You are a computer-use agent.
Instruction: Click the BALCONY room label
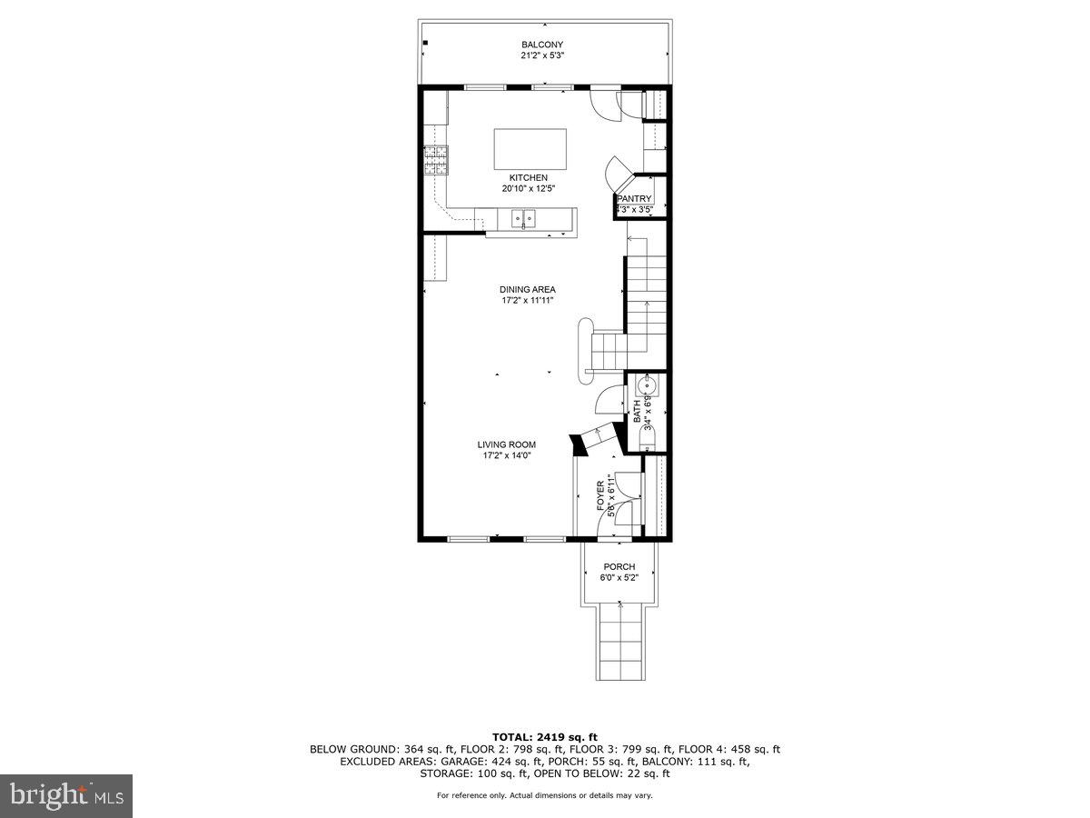click(542, 45)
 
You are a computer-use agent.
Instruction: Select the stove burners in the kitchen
click(435, 160)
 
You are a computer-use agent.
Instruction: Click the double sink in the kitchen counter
click(523, 218)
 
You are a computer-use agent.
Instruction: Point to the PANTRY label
click(635, 199)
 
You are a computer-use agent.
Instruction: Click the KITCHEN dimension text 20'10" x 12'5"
click(528, 189)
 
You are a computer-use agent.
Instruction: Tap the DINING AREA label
click(527, 290)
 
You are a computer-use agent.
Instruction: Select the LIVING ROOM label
click(507, 444)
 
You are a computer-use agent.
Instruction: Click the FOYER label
click(599, 496)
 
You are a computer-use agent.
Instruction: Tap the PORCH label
click(619, 566)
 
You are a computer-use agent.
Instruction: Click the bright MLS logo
click(66, 796)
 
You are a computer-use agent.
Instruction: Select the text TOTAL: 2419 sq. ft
click(545, 737)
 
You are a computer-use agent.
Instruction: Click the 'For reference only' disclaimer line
click(545, 795)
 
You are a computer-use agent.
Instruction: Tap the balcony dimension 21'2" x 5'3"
click(542, 55)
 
